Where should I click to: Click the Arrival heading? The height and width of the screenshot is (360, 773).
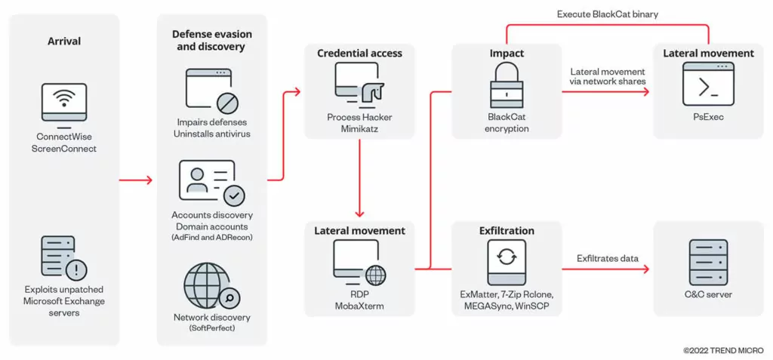64,42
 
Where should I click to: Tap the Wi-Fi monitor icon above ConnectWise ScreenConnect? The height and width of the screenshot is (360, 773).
64,103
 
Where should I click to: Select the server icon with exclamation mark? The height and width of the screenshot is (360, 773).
64,257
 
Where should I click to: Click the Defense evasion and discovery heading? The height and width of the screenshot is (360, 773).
212,41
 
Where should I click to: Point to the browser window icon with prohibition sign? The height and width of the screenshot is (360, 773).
212,91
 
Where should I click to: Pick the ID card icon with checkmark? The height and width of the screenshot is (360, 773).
212,183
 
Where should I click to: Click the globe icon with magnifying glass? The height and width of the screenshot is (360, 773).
212,285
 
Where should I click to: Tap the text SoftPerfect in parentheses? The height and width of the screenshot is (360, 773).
212,328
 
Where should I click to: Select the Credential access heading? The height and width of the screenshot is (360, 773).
360,53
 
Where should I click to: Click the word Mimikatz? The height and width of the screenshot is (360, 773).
359,128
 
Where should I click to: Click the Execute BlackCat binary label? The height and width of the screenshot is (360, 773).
608,14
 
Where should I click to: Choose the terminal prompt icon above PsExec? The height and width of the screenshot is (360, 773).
708,84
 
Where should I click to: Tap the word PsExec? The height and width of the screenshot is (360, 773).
708,118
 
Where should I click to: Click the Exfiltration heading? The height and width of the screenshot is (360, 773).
507,231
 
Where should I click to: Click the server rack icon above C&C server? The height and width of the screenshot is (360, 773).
708,262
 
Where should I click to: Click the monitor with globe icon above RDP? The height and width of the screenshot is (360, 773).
359,263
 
